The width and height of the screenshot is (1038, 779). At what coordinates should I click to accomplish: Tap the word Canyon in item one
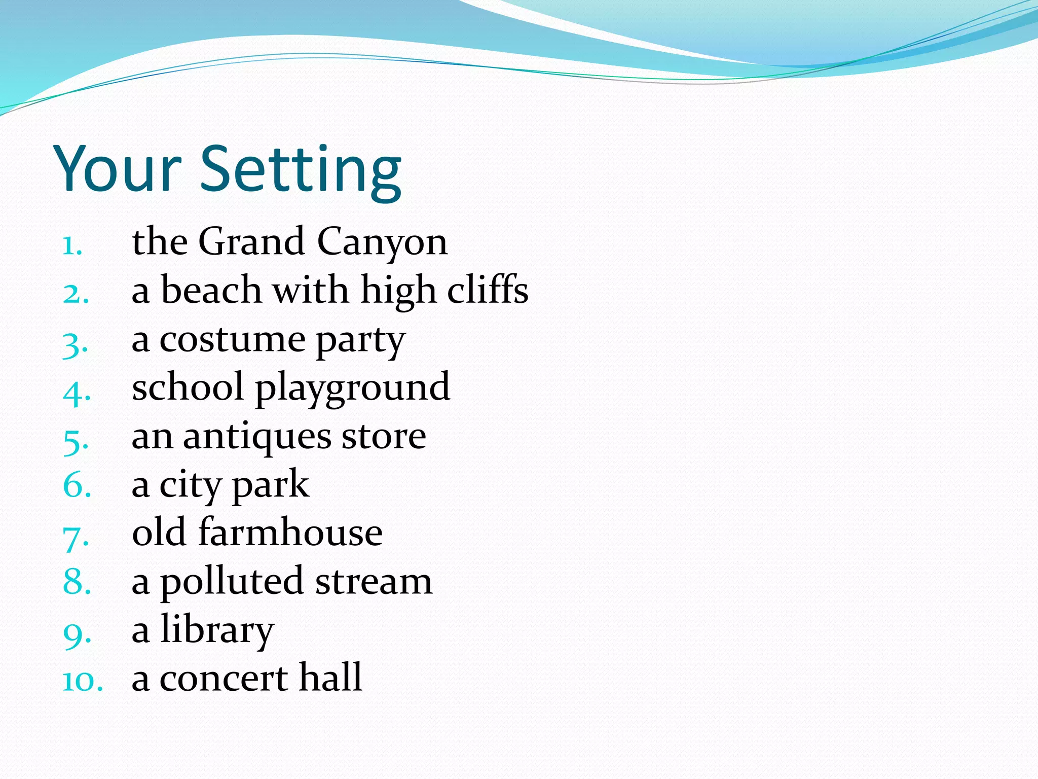point(382,242)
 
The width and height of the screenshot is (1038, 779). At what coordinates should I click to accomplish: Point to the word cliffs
point(488,290)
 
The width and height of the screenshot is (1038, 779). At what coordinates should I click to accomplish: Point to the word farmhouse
point(290,533)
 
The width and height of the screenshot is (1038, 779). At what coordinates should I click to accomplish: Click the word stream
point(374,582)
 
